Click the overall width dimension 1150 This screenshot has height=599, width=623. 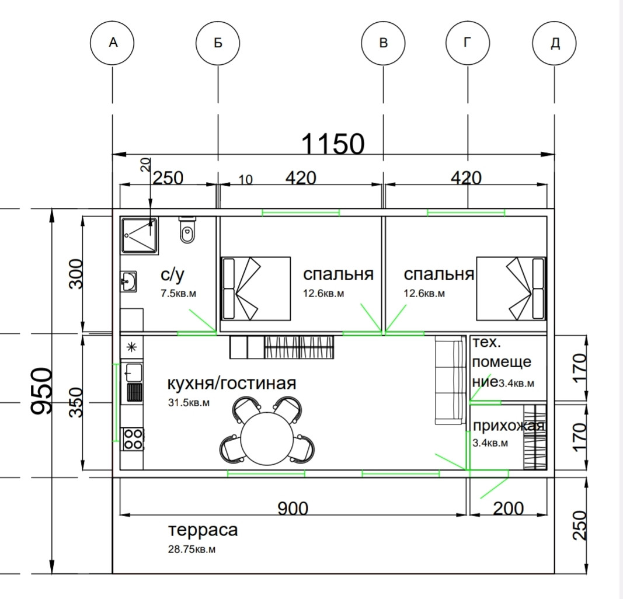333,144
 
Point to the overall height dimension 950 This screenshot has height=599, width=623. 41,391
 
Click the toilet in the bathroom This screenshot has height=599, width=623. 187,229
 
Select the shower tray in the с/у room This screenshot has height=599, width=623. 140,235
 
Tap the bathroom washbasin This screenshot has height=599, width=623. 128,282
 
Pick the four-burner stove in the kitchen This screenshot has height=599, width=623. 133,438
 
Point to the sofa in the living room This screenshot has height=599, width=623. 450,379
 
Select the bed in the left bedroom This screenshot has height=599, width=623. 256,288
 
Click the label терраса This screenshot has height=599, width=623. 203,530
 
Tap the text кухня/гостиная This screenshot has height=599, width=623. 232,384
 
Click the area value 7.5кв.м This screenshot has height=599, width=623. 179,294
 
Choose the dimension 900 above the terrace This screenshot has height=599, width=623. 293,509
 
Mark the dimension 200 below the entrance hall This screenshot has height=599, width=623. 509,509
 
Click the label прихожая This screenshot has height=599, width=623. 509,426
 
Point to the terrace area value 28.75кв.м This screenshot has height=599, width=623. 192,549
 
